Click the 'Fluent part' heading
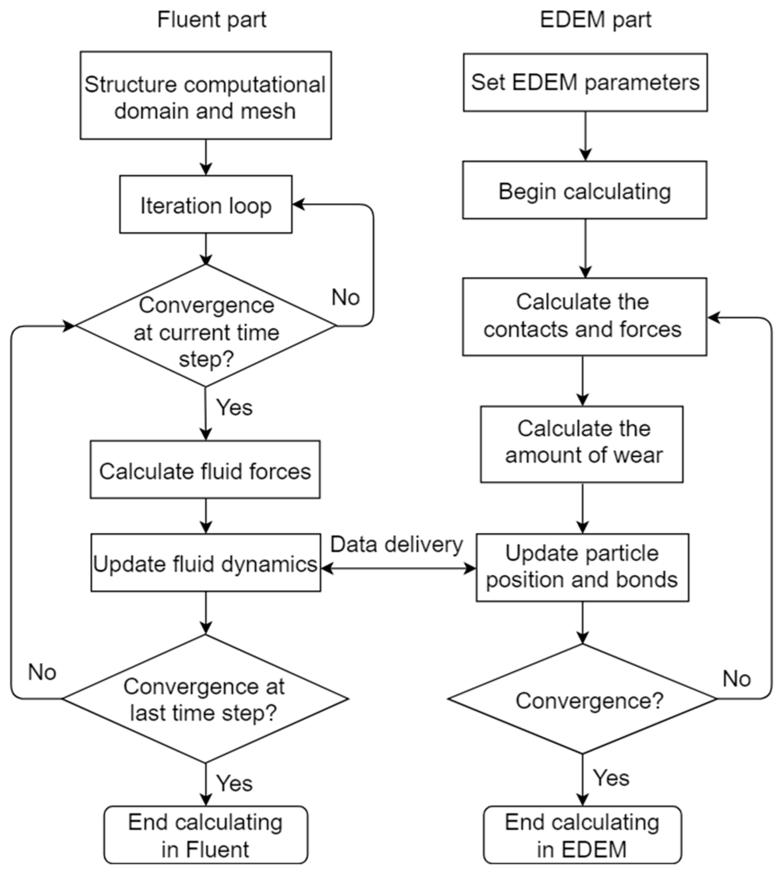(211, 20)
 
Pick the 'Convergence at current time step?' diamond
(206, 326)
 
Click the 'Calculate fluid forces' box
(205, 470)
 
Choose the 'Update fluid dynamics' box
(206, 563)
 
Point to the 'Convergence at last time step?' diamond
(205, 699)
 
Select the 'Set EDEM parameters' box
(585, 82)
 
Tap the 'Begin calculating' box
(585, 191)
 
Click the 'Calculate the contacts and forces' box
(584, 317)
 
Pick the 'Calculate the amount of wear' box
(581, 444)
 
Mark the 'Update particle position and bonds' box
(582, 567)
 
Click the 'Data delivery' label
(397, 544)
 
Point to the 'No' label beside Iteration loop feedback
(345, 297)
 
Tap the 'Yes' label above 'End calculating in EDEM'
(611, 778)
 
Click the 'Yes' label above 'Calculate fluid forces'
(234, 407)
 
